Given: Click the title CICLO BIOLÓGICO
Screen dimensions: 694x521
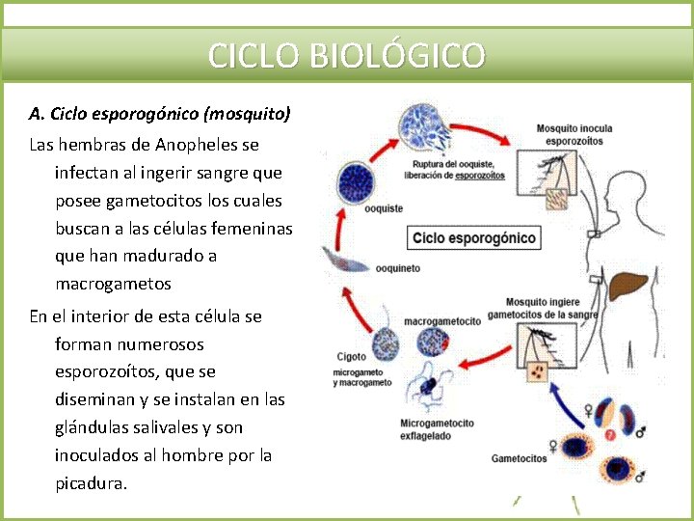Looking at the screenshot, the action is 347,55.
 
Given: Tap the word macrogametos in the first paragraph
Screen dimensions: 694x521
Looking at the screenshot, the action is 113,284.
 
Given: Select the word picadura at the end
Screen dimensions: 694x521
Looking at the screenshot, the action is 91,483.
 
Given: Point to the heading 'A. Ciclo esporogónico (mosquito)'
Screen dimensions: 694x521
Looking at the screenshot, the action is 159,114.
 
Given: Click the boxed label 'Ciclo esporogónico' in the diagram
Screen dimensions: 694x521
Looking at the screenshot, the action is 474,237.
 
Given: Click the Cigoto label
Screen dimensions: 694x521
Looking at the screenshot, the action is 351,357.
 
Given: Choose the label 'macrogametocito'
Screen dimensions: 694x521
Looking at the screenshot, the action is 442,321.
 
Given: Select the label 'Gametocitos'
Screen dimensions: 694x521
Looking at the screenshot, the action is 519,458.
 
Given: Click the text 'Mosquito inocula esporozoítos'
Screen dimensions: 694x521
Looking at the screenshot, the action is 574,134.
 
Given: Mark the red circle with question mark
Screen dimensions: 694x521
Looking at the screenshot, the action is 609,435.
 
